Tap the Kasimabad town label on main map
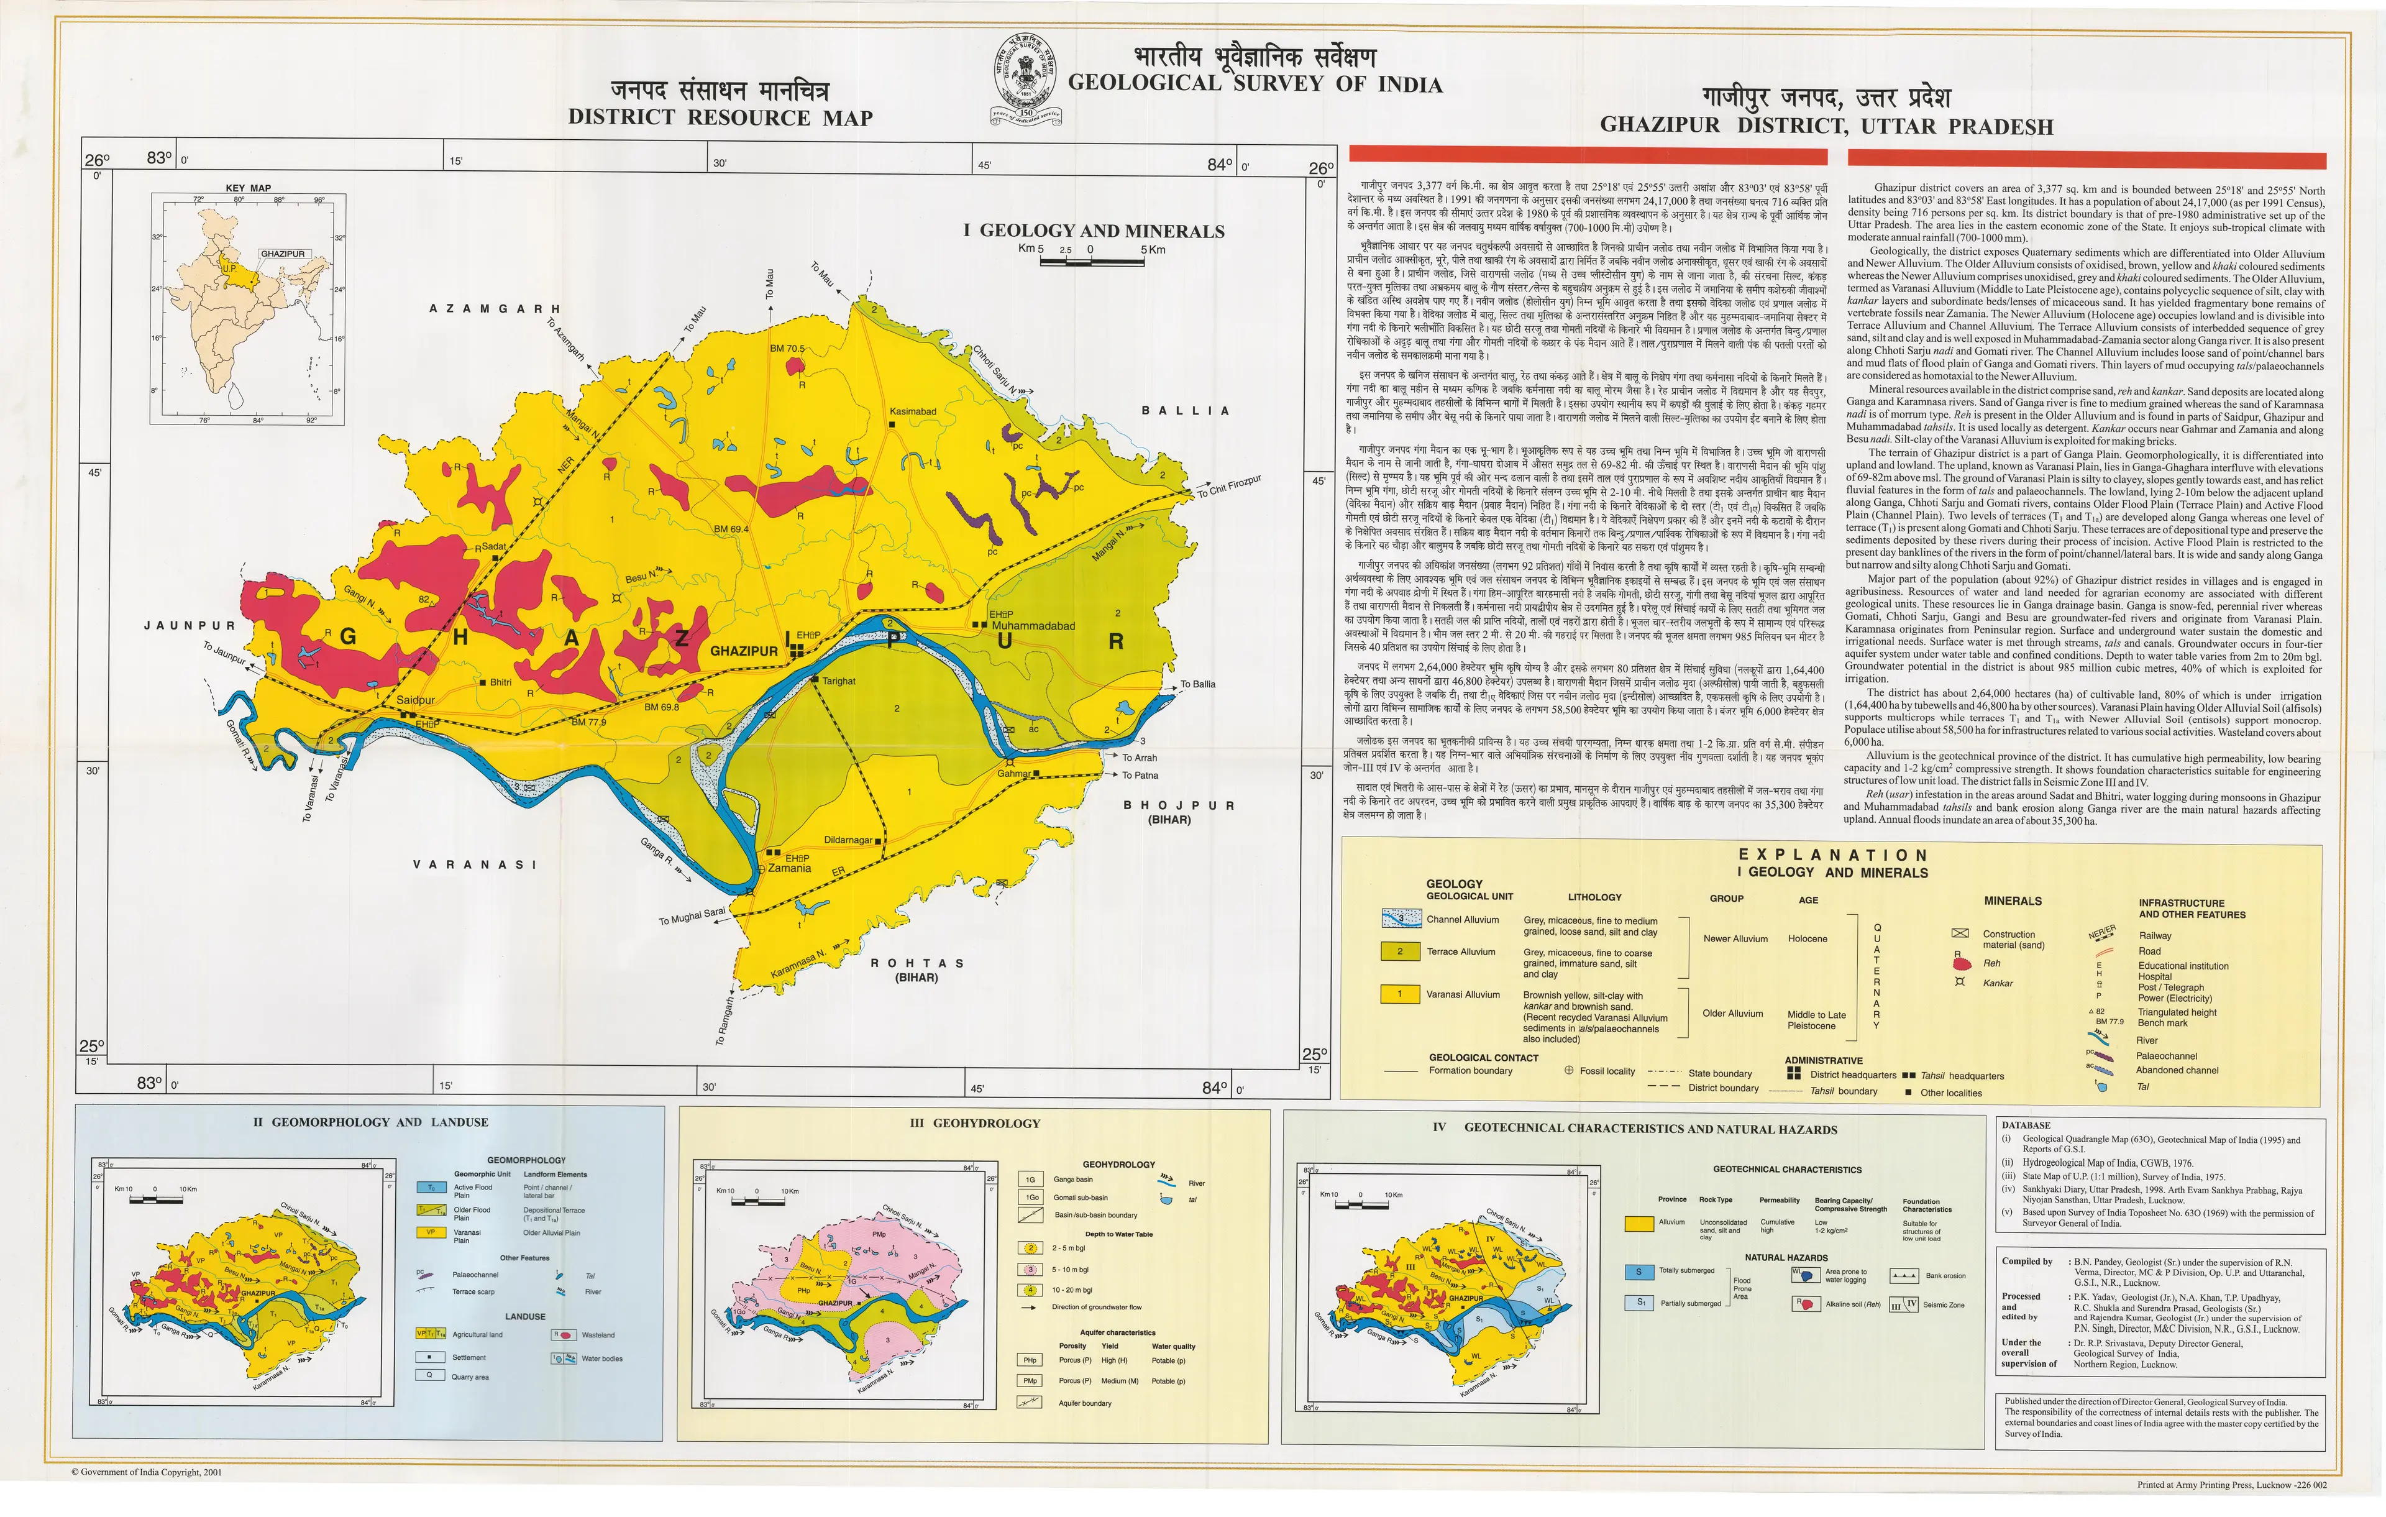pos(913,411)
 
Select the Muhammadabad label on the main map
pos(1033,626)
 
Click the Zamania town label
pos(790,868)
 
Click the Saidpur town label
pos(415,700)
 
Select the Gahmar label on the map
pos(1013,774)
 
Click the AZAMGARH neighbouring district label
pos(495,309)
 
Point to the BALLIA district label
pos(1185,410)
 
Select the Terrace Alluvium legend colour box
pos(1399,951)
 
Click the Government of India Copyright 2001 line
pos(147,1472)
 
